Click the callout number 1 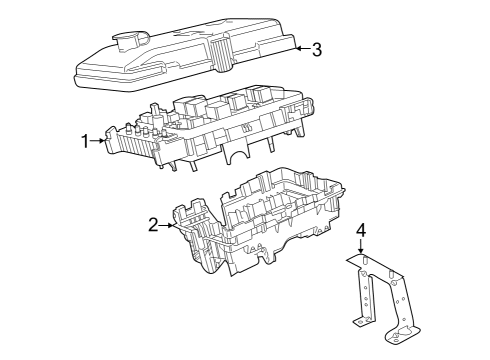(x=86, y=142)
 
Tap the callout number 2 (x=154, y=225)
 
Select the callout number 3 (x=316, y=48)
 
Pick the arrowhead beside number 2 (x=171, y=226)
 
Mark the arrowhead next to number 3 (x=296, y=46)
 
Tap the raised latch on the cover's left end (x=129, y=41)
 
